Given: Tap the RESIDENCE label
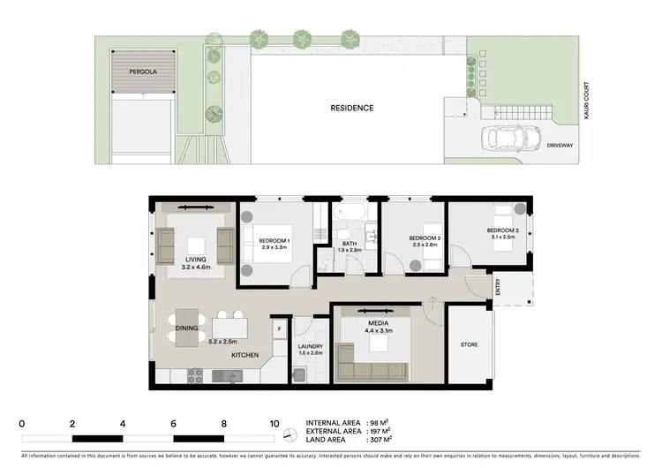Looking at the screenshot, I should click(x=352, y=109).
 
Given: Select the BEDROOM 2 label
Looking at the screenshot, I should click(x=425, y=238).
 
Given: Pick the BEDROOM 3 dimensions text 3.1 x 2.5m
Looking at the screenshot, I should click(x=502, y=237).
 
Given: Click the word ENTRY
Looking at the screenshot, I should click(x=499, y=288).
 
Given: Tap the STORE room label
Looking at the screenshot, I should click(x=469, y=344).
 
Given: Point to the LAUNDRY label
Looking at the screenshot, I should click(x=310, y=346).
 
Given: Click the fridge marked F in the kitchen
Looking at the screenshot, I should click(x=280, y=328).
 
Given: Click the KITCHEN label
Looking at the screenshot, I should click(x=244, y=354).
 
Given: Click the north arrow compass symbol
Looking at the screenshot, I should click(x=290, y=431).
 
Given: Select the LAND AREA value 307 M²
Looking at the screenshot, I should click(x=380, y=439).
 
